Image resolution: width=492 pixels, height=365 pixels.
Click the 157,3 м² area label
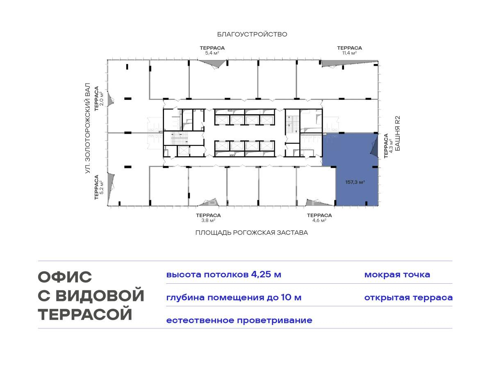coord(355,182)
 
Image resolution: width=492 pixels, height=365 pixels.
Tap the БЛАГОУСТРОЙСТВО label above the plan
coord(252,34)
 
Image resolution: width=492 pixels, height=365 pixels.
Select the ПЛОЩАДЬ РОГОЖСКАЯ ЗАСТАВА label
coord(252,233)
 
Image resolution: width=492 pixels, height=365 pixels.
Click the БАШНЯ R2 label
coord(398,133)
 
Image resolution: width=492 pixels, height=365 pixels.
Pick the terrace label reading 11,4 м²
coord(349,51)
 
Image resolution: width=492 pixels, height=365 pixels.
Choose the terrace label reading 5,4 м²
coord(212,51)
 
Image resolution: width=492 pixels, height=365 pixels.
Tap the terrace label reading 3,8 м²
coord(208,218)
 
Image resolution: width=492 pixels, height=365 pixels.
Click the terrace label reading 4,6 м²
coord(319,218)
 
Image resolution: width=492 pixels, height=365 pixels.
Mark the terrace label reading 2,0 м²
coord(99,99)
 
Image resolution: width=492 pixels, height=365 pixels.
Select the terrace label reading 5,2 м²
coord(99,187)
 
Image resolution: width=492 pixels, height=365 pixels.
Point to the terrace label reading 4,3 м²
coord(389,146)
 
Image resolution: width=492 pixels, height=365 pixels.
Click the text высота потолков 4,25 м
coord(223,275)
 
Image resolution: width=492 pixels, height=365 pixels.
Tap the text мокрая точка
coord(397,275)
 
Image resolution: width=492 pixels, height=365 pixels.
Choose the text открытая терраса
coord(408,298)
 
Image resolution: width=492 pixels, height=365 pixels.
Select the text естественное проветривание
coord(239,321)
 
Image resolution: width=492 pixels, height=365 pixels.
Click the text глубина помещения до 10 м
coord(234,298)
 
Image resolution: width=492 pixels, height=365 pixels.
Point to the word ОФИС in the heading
coord(65,277)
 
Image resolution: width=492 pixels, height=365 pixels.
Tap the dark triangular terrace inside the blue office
coord(375,148)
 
